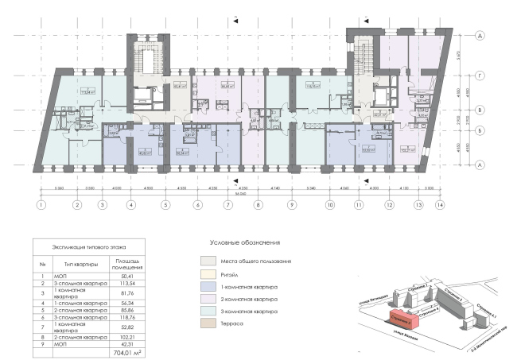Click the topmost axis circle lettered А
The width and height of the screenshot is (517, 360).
pos(480,36)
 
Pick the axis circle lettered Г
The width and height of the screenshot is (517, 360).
pos(480,78)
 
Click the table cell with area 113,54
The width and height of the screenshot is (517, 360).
pos(131,281)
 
